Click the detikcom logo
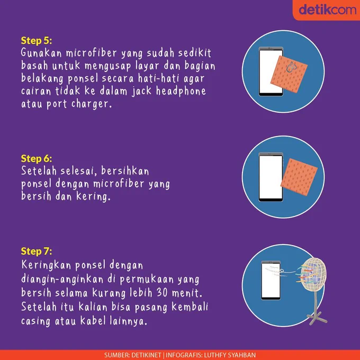point(327,10)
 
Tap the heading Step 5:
point(37,41)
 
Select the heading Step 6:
point(37,159)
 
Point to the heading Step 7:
point(37,251)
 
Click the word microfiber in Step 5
point(92,53)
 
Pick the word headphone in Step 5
point(181,91)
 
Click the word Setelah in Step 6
point(39,171)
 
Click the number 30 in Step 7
point(162,293)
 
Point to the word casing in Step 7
point(35,321)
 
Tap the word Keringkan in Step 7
point(46,265)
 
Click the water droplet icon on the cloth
point(291,68)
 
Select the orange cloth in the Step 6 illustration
point(299,177)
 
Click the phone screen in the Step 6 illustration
point(271,177)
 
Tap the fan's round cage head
point(312,277)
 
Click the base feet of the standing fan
point(317,318)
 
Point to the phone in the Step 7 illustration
point(271,281)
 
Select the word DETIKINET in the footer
point(146,355)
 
